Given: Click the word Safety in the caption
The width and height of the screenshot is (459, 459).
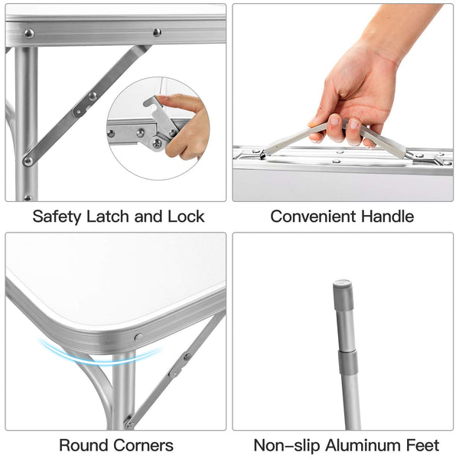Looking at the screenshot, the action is point(57,217).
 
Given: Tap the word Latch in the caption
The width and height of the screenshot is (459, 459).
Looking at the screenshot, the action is point(108,216).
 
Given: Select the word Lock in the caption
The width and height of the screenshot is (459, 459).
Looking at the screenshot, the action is point(186,216).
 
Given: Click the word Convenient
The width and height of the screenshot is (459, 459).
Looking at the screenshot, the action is point(313,216).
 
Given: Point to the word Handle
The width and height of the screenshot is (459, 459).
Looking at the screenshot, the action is point(387,216).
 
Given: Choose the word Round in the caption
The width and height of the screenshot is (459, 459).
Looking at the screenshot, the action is point(83,445).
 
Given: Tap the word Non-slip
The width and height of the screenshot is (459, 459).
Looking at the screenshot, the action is point(287,445).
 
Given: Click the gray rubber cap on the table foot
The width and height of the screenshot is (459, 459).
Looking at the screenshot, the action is point(343,295).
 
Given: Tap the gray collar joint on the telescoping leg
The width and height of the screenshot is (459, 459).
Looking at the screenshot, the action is point(348,363).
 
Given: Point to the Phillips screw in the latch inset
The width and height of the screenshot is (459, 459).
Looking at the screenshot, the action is point(157,144).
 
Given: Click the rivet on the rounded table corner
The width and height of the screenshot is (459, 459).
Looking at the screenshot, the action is point(138,337).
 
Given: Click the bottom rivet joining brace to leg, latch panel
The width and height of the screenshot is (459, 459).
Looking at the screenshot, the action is point(28,161).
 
